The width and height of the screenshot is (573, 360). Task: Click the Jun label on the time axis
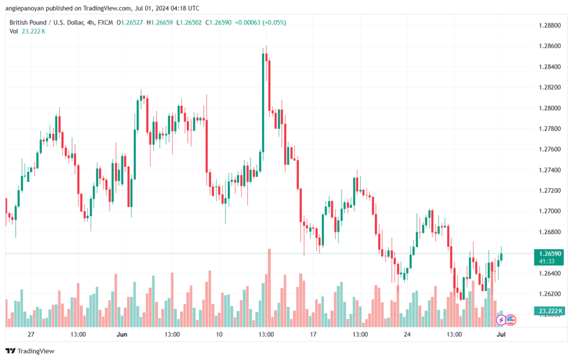pos(121,334)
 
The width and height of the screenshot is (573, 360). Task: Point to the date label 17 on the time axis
pos(313,334)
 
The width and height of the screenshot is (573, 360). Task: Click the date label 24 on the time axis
pos(407,334)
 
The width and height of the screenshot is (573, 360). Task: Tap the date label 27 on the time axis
pos(31,334)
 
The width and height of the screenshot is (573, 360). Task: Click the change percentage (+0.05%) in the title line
pos(274,22)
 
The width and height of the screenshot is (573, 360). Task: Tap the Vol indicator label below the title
pos(13,31)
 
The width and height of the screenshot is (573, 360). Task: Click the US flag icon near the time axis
pos(511,320)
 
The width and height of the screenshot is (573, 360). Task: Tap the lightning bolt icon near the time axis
pos(501,320)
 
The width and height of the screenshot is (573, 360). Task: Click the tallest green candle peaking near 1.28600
pos(263,101)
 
